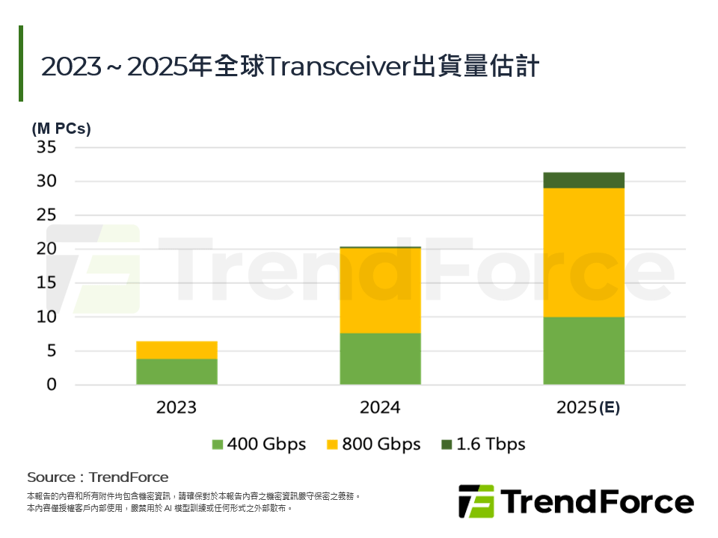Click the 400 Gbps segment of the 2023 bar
tap(177, 371)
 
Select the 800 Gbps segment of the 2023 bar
tap(177, 350)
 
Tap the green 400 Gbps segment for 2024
tap(380, 359)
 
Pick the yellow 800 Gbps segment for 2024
tap(380, 290)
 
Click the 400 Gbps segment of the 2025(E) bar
tap(583, 350)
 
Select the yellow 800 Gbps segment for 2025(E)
tap(583, 253)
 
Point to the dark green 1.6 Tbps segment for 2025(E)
tap(583, 180)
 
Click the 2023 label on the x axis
tap(177, 407)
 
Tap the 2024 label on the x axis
tap(380, 407)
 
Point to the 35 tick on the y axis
tap(46, 147)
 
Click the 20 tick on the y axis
tap(46, 249)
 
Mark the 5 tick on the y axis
tap(50, 350)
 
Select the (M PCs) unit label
tap(61, 129)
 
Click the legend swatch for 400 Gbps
tap(218, 445)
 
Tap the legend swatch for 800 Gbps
tap(332, 445)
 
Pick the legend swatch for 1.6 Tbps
tap(447, 445)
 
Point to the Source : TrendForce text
tap(98, 477)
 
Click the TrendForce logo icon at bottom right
tap(476, 501)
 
